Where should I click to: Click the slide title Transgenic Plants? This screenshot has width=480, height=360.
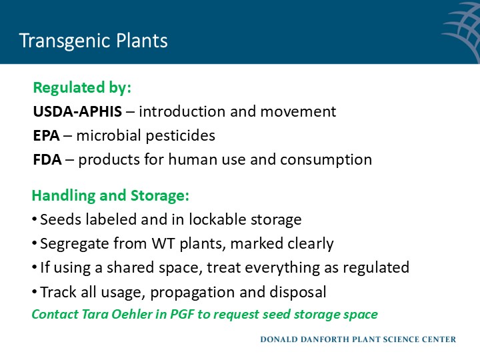click(x=93, y=41)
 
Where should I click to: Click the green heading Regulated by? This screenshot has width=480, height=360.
click(x=82, y=88)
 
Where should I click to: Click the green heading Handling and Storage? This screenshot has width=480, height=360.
click(x=111, y=196)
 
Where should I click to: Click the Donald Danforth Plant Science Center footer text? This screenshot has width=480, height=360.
click(x=358, y=339)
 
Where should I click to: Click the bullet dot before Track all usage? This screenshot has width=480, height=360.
click(x=34, y=292)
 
